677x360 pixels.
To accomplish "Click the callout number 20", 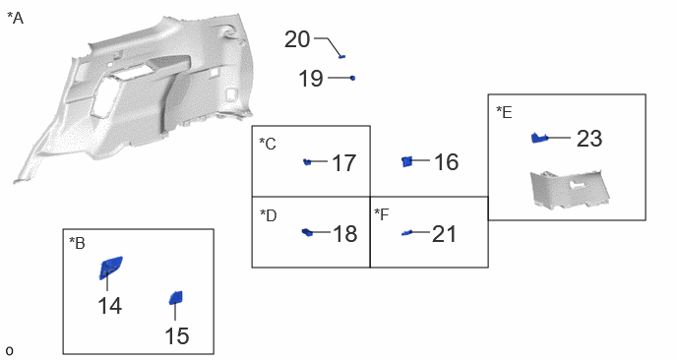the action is (x=297, y=39).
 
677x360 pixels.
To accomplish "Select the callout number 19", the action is (x=310, y=79).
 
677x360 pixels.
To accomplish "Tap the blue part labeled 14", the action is (x=110, y=268).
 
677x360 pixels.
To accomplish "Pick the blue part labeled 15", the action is (x=176, y=298).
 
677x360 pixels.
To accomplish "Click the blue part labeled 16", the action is (x=406, y=161).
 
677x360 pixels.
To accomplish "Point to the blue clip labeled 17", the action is (x=307, y=162).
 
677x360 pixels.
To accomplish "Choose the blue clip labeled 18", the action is (x=307, y=232).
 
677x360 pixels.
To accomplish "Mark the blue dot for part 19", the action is (x=352, y=78).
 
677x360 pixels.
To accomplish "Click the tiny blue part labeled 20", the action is (x=342, y=56).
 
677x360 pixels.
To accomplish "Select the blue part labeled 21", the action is (x=406, y=233).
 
